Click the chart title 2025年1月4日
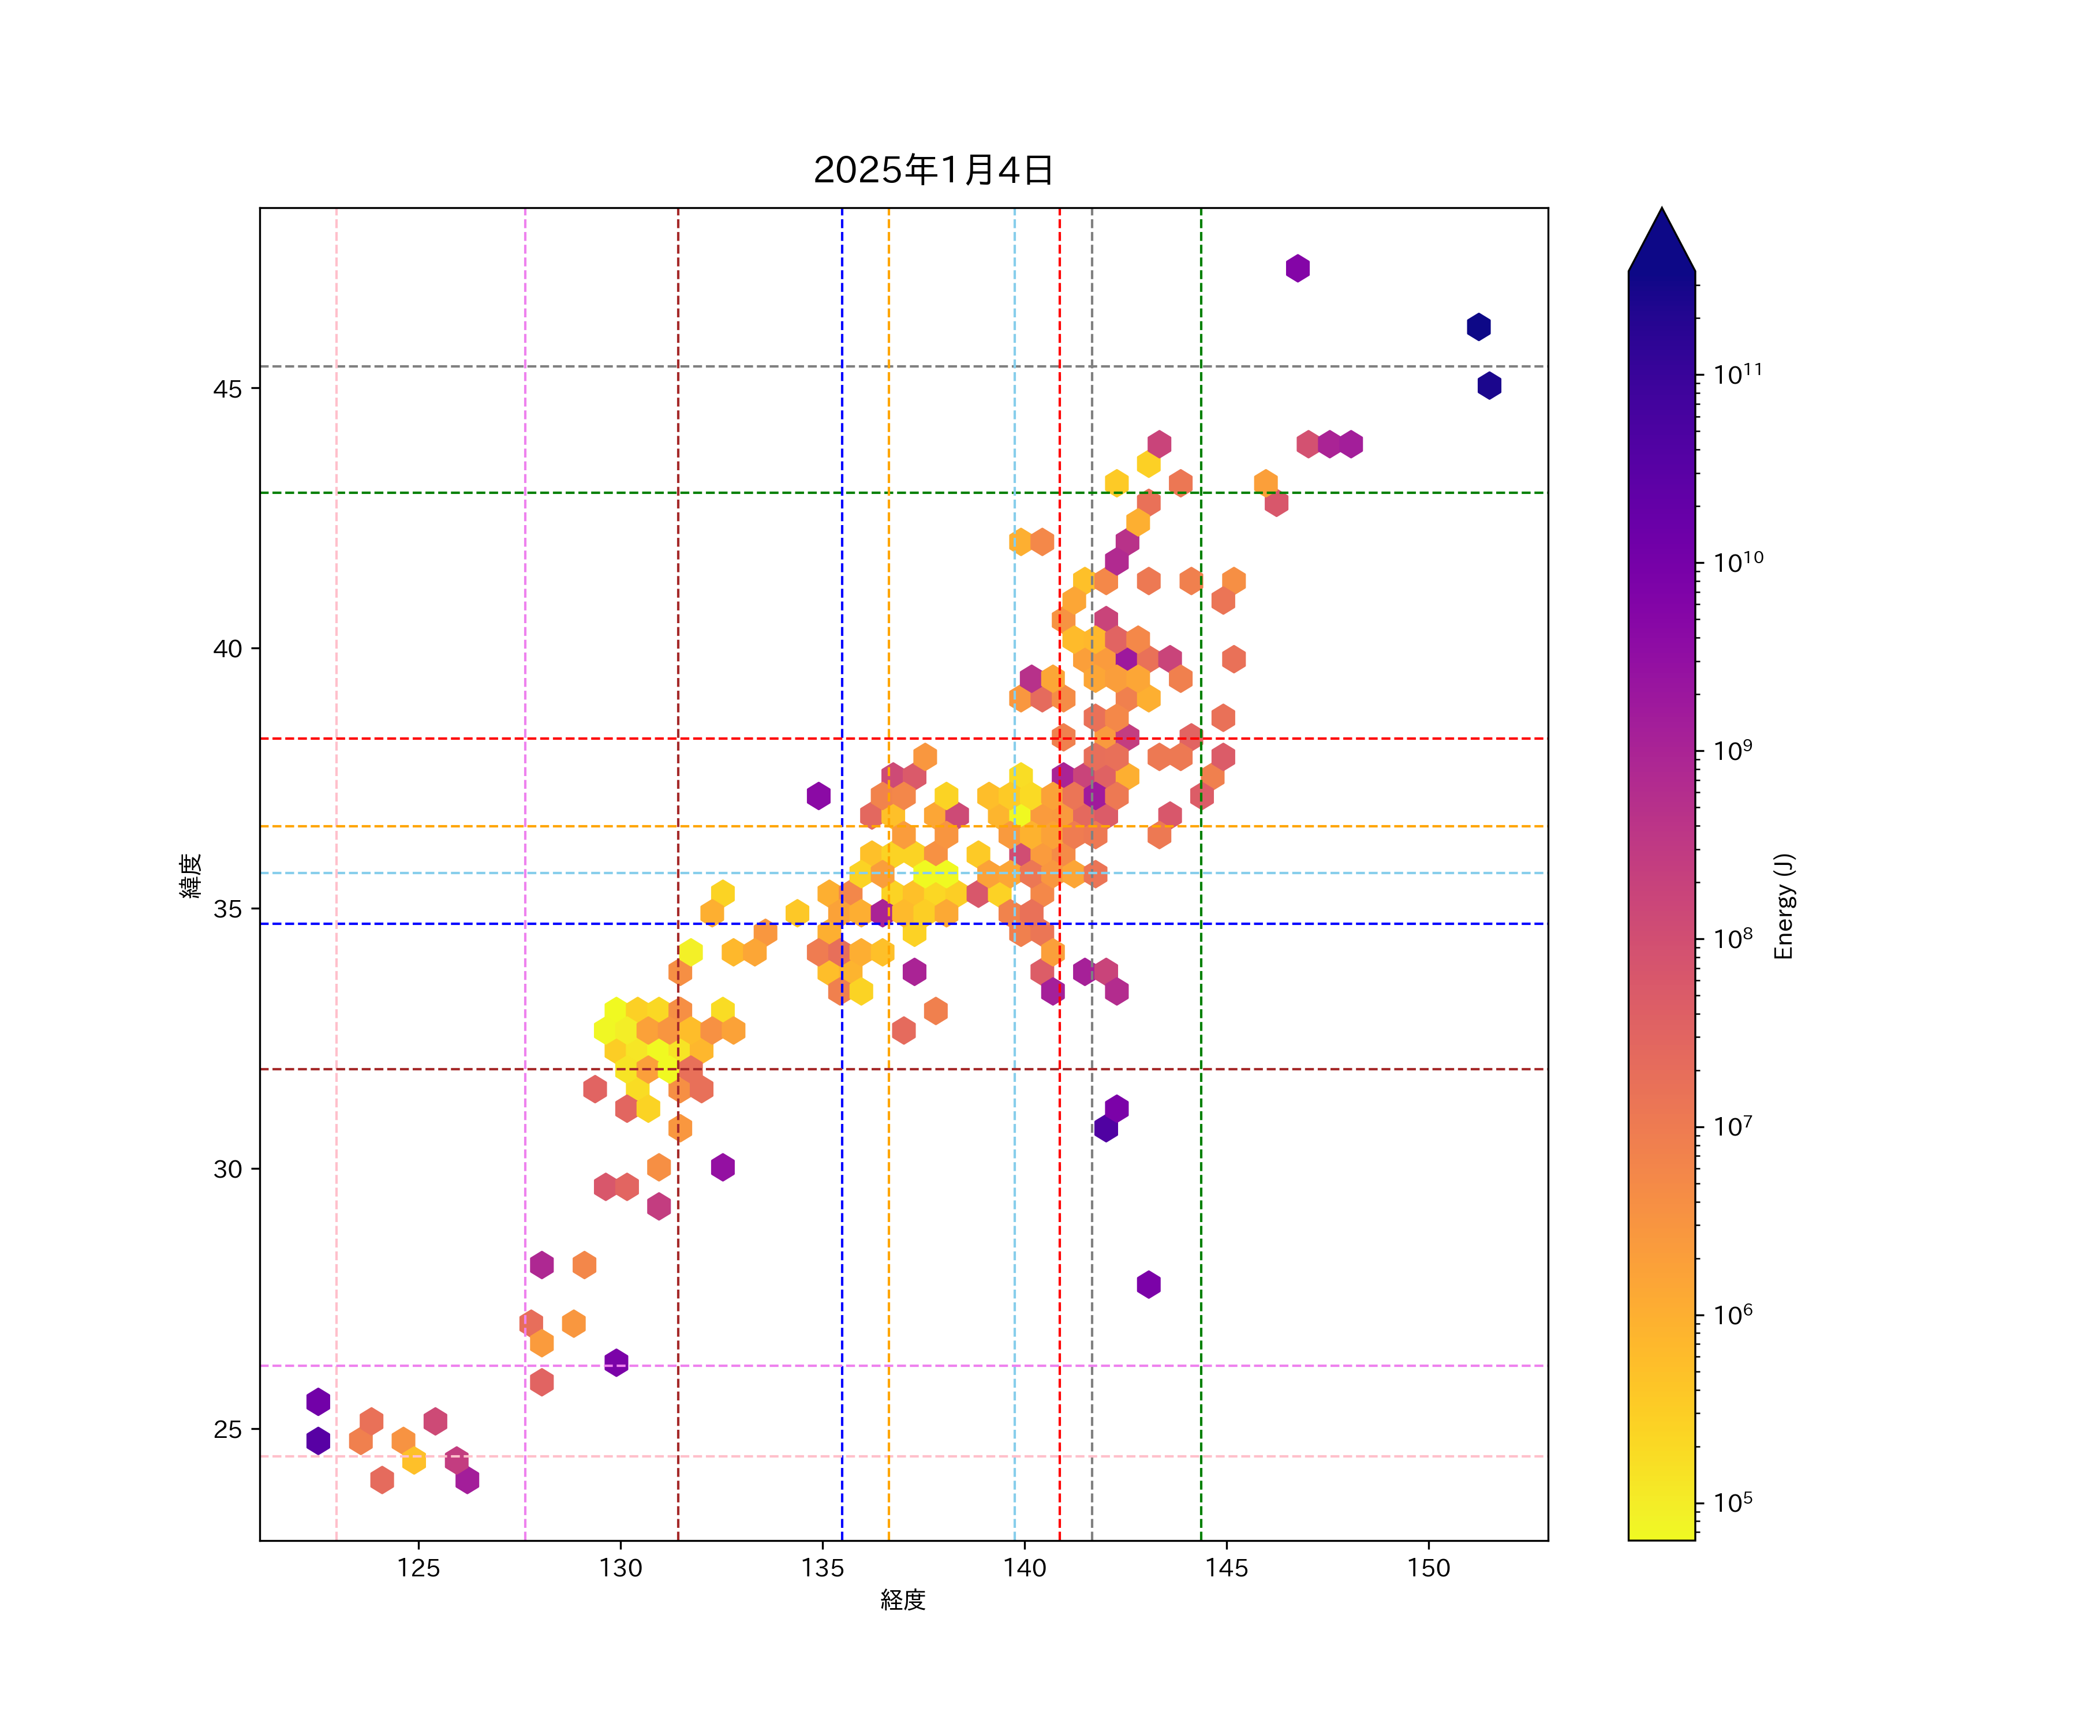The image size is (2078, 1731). [933, 170]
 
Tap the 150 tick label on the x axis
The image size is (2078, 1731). [1428, 1568]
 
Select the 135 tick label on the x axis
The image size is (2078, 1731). [823, 1568]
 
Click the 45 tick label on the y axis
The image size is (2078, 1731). [227, 389]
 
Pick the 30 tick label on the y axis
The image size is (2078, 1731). [227, 1169]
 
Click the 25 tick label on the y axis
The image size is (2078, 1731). [227, 1429]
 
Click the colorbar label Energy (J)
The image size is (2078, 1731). [1783, 906]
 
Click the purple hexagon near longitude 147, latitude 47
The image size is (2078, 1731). [1297, 268]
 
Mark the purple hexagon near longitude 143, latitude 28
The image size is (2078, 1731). [1148, 1284]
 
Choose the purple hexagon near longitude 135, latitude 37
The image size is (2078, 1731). [819, 795]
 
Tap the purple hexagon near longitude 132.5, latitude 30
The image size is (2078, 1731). [722, 1167]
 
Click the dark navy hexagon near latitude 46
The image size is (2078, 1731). [1478, 327]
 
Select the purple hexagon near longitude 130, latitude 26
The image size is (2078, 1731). [615, 1362]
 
